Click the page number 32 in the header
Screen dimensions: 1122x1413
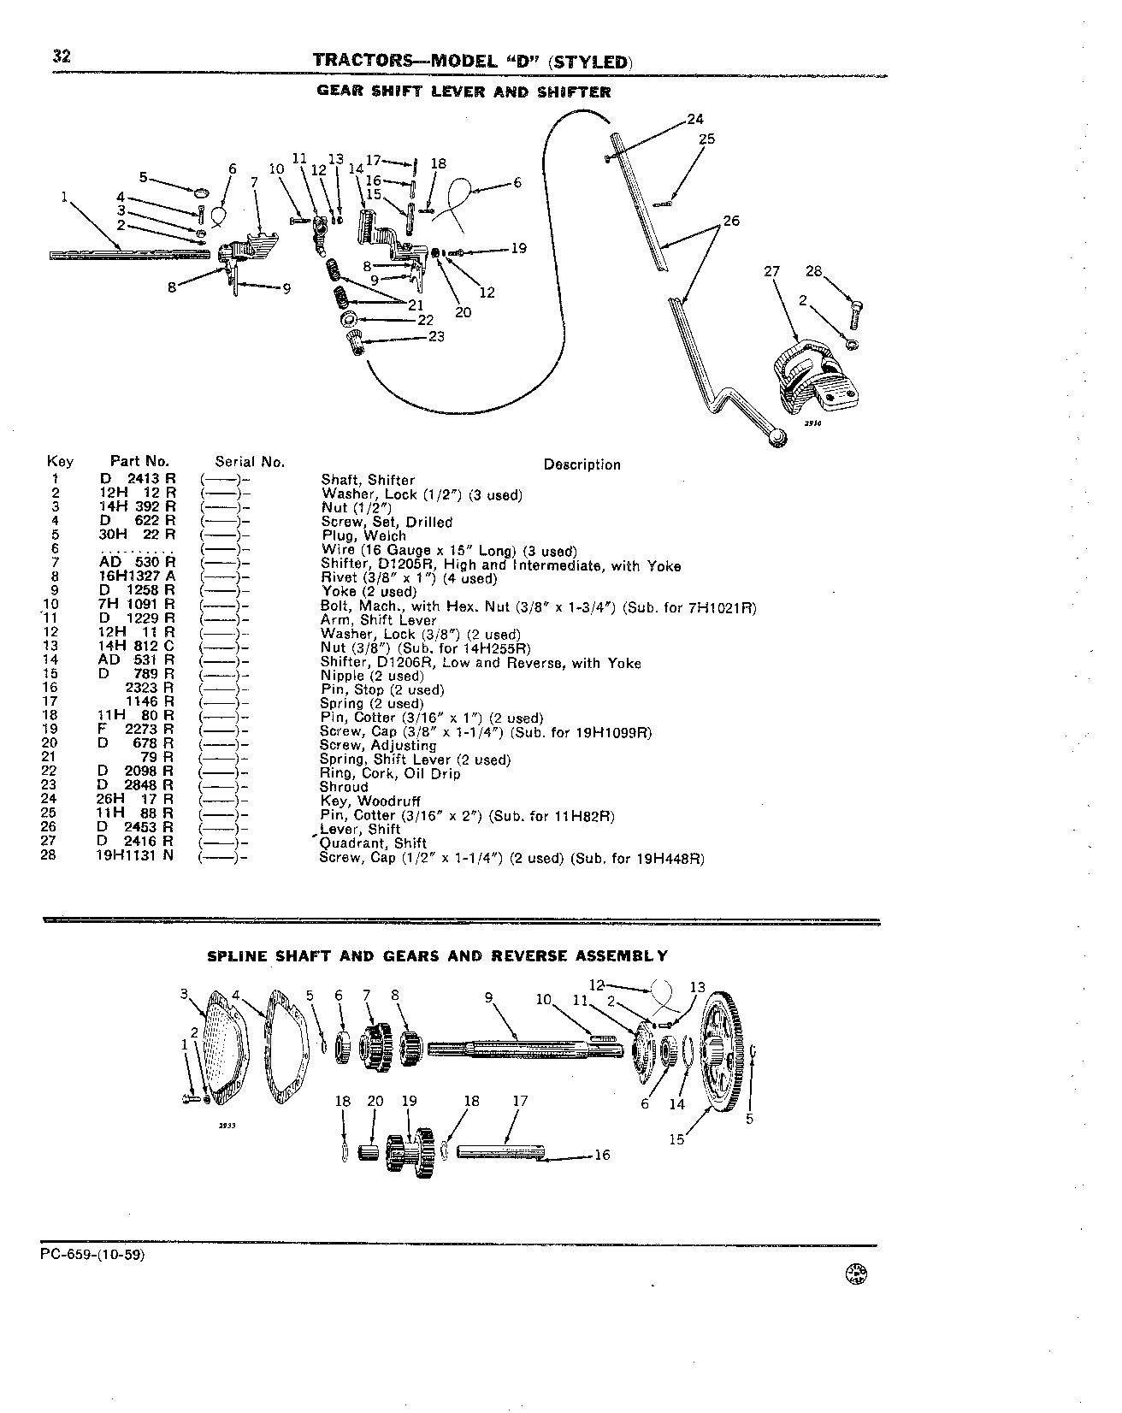tap(61, 56)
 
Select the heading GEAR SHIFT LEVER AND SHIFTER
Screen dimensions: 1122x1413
tap(464, 92)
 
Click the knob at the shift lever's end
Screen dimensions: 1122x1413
tap(777, 439)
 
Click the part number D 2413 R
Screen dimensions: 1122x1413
tap(137, 480)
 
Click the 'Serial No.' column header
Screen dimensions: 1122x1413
tap(250, 462)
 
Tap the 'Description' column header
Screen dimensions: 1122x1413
tap(582, 464)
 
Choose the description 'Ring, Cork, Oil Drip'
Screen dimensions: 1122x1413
tap(390, 773)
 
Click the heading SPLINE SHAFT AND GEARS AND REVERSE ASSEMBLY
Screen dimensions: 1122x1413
tap(438, 955)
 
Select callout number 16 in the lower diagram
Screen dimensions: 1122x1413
tap(602, 1155)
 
